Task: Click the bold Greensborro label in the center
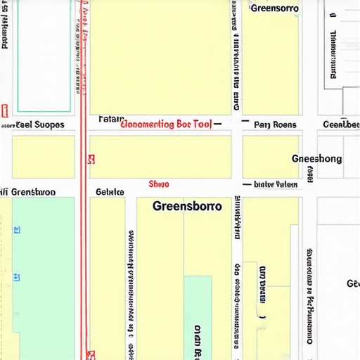[x=186, y=207]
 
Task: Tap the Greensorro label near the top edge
[x=274, y=8]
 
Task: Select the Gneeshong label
[x=316, y=159]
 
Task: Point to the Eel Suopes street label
[x=39, y=124]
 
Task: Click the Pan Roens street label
[x=275, y=125]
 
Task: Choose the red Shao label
[x=159, y=184]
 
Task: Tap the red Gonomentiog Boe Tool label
[x=166, y=124]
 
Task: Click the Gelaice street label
[x=110, y=191]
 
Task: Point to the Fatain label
[x=111, y=118]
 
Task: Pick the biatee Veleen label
[x=275, y=184]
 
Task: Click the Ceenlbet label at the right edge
[x=340, y=125]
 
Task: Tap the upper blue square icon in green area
[x=18, y=229]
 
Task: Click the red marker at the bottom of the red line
[x=89, y=355]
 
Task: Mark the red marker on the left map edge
[x=4, y=110]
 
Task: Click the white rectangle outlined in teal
[x=44, y=56]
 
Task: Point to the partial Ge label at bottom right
[x=352, y=283]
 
